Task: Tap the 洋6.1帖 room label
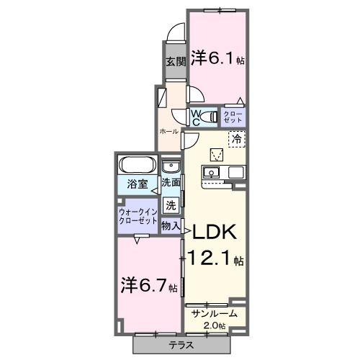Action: coord(217,58)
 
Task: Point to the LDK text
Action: coord(214,232)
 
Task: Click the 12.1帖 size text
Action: coord(216,258)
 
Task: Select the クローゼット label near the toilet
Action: coord(233,116)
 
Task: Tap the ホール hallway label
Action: coord(168,132)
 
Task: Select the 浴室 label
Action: coord(138,184)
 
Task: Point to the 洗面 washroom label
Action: coord(171,184)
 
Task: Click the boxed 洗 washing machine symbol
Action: coord(171,204)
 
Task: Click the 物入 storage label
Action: coord(171,226)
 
